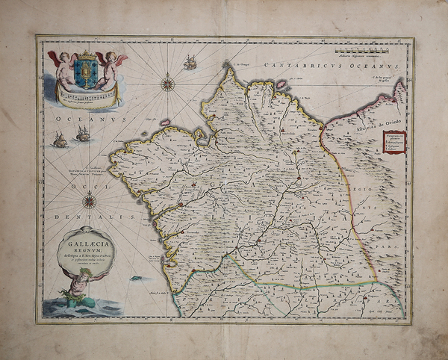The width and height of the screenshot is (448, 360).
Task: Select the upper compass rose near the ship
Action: [x=168, y=83]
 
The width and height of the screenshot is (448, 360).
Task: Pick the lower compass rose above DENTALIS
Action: [x=90, y=199]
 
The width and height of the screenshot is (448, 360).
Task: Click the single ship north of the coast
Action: [x=190, y=63]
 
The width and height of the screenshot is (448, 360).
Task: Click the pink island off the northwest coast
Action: [x=165, y=122]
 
